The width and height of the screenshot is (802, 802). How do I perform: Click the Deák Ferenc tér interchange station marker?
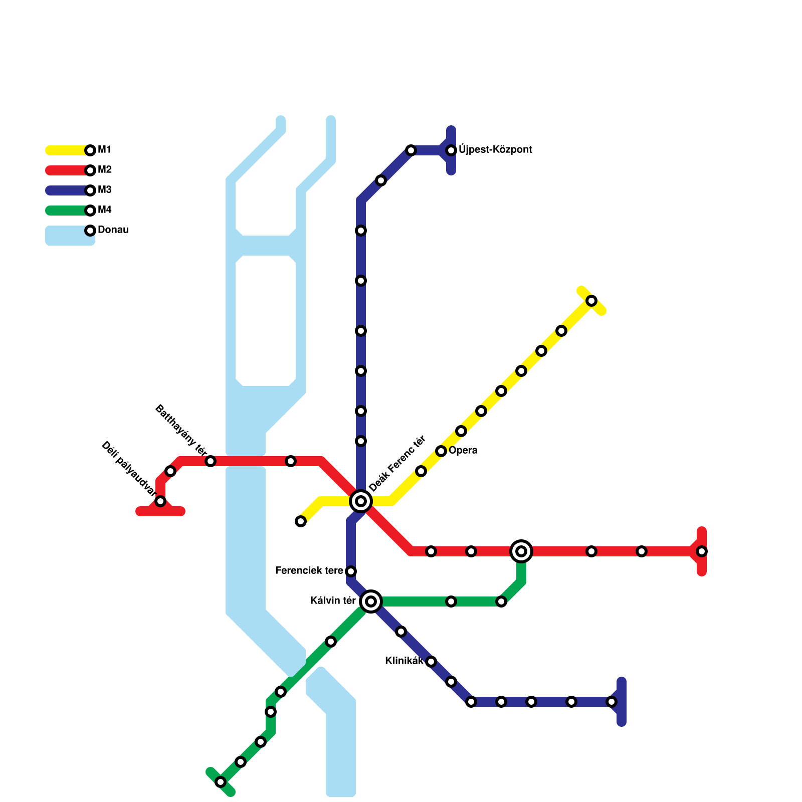point(361,501)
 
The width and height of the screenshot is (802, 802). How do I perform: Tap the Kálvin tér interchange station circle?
point(371,601)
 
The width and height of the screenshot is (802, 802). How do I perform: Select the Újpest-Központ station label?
point(495,150)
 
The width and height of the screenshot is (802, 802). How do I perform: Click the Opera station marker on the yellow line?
point(441,451)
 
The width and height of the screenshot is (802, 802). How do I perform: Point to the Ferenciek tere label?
point(309,571)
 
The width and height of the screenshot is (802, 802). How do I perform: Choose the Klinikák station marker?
point(431,662)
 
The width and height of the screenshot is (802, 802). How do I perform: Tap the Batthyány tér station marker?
point(211,461)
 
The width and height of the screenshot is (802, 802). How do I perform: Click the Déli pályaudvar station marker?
point(160,501)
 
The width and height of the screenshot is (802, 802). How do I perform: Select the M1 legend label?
point(104,150)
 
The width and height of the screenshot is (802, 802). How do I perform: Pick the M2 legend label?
point(104,170)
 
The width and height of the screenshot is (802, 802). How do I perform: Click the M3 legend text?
point(104,190)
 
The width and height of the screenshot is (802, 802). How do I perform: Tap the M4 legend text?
point(104,210)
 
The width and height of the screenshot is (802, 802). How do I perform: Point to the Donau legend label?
point(113,230)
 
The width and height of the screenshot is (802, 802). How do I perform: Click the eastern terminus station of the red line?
point(702,551)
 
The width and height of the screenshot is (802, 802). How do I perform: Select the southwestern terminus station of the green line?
point(221,782)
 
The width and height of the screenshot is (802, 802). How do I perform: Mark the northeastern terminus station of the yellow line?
point(591,301)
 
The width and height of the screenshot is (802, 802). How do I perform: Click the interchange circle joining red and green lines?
point(521,551)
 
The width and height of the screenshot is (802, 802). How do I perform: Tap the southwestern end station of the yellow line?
point(301,521)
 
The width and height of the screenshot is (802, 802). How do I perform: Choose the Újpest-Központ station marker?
point(451,150)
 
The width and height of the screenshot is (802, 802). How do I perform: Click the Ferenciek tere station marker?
point(351,571)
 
